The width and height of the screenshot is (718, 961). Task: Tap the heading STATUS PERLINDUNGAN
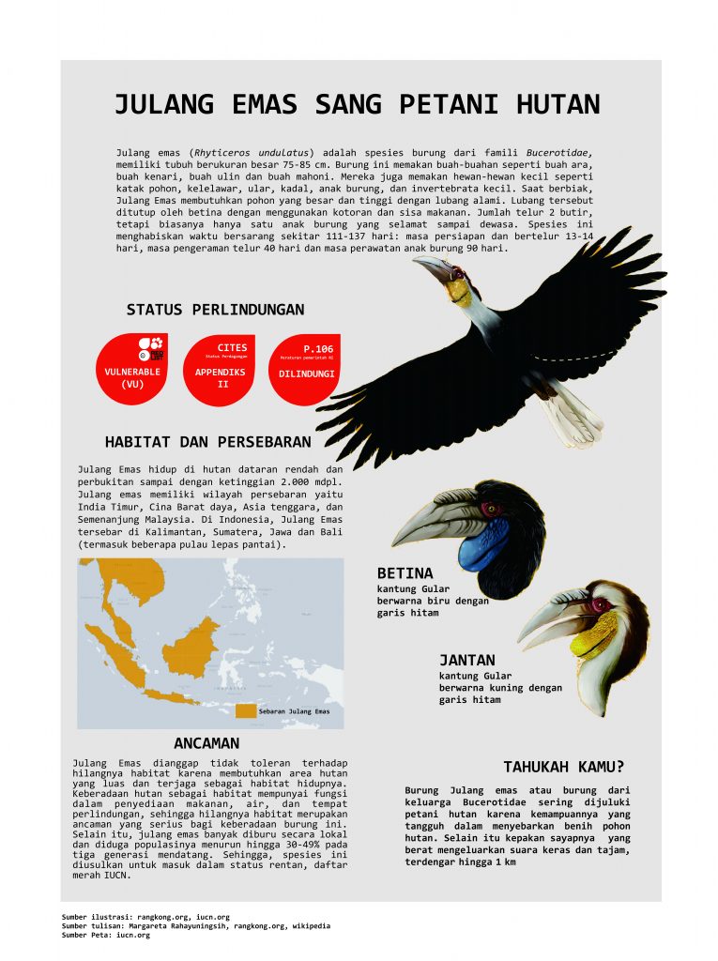click(x=215, y=310)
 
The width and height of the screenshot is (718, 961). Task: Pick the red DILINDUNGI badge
click(x=306, y=370)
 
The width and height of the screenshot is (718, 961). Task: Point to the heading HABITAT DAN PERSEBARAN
click(x=207, y=441)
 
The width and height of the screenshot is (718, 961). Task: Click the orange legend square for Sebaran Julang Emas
click(x=244, y=711)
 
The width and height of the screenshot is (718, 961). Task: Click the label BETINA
click(x=405, y=572)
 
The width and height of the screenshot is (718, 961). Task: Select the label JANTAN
click(x=466, y=660)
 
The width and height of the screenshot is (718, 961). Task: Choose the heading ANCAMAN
click(x=206, y=743)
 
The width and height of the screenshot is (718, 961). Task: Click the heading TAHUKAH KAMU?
click(x=564, y=766)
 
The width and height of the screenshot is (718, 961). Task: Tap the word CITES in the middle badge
click(x=232, y=348)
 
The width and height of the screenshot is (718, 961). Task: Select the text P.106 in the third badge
click(x=316, y=348)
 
